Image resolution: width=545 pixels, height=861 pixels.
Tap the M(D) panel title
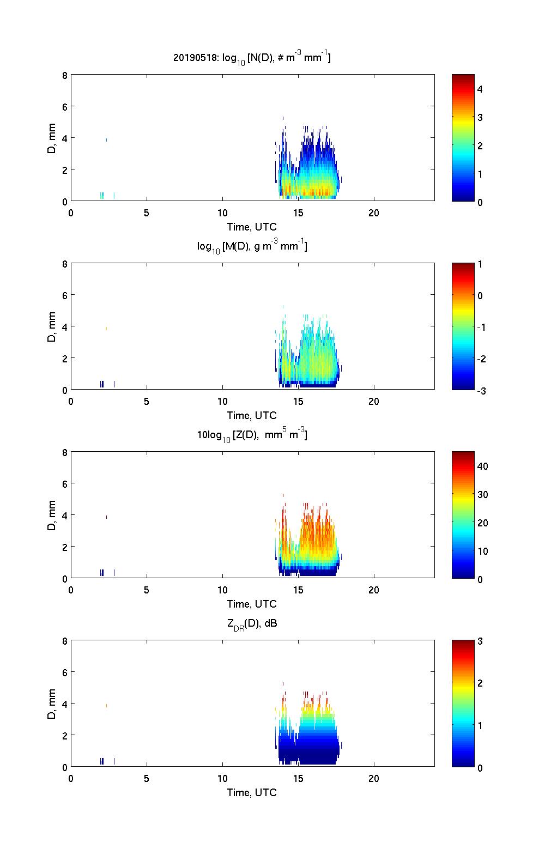pos(252,246)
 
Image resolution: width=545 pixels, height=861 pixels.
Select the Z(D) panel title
pos(252,435)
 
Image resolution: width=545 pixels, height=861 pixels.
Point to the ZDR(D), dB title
pos(252,624)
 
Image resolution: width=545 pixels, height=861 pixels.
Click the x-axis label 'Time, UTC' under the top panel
pos(252,227)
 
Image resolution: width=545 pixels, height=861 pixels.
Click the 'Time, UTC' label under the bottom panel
pos(252,792)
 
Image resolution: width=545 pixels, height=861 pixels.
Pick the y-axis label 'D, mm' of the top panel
pos(52,138)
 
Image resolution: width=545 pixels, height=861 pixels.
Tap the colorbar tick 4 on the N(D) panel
pos(480,89)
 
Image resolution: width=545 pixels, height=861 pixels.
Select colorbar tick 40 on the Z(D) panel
pos(482,466)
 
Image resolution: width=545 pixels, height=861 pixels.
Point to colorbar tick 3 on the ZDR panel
pos(480,641)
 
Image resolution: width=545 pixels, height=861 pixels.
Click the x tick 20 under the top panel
pos(374,213)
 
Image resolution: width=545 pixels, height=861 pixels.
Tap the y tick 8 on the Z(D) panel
pos(64,452)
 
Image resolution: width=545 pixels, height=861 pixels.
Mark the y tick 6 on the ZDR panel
pos(64,672)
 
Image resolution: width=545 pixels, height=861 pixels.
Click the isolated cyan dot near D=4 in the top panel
pos(106,140)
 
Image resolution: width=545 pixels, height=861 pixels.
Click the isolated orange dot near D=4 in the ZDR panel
pos(106,706)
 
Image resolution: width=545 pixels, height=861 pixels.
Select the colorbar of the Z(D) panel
pos(463,515)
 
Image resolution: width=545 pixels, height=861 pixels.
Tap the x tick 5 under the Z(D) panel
pos(147,590)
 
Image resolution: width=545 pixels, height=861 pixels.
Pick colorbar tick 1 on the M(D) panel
pos(480,264)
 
